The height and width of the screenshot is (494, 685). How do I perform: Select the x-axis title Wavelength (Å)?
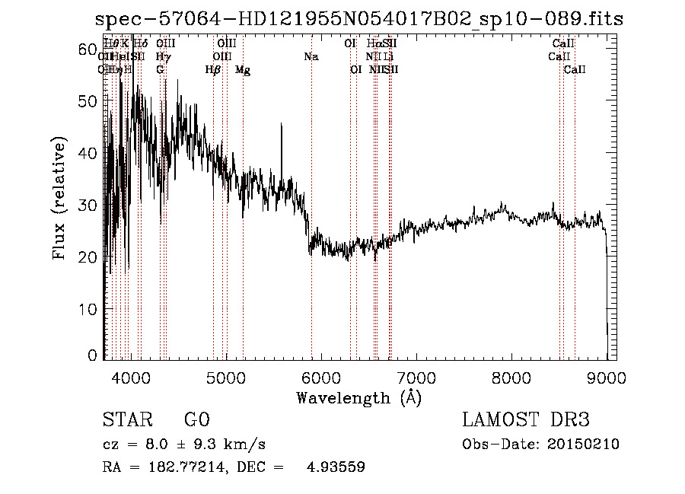[x=358, y=397]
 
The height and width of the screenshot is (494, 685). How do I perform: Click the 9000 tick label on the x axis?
[x=606, y=377]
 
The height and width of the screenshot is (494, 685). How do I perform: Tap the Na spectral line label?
[x=311, y=57]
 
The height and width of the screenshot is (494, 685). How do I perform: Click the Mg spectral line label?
[x=243, y=70]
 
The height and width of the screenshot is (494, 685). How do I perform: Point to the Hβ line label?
[x=213, y=70]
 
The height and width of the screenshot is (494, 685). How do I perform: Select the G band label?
[x=160, y=70]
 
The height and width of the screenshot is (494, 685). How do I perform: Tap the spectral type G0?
[x=196, y=420]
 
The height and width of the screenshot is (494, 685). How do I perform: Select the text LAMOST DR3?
[x=525, y=420]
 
